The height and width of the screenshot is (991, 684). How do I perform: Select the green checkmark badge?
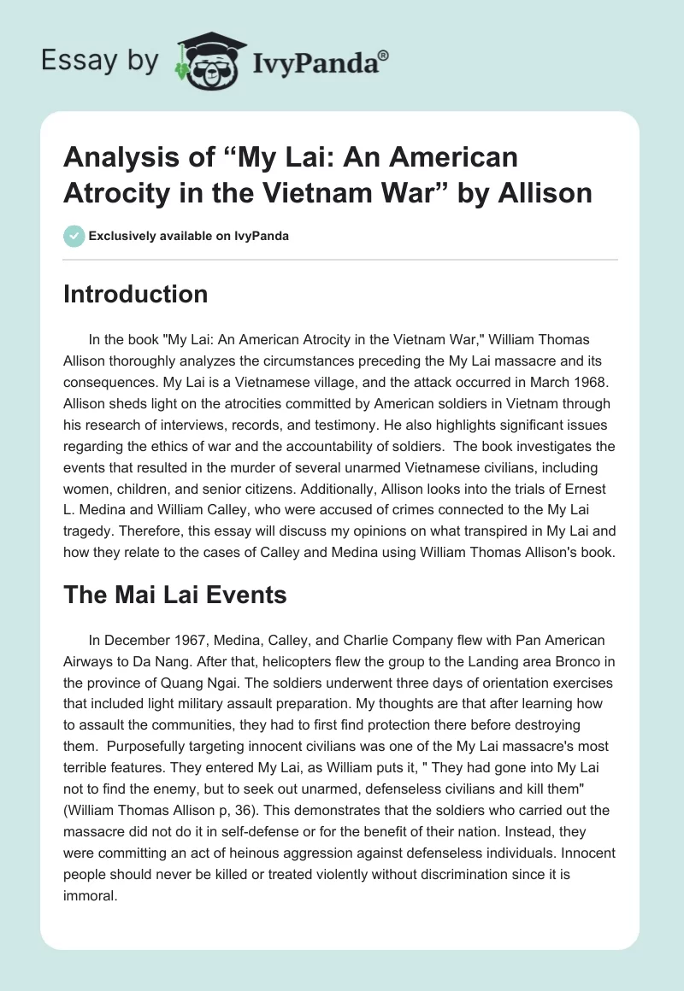pos(74,236)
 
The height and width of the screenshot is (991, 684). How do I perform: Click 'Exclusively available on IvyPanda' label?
pos(188,236)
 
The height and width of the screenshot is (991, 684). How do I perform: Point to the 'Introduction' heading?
pos(136,294)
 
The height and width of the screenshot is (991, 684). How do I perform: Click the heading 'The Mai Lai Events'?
pos(175,595)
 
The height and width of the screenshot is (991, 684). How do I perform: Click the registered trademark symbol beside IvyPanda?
pos(383,55)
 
